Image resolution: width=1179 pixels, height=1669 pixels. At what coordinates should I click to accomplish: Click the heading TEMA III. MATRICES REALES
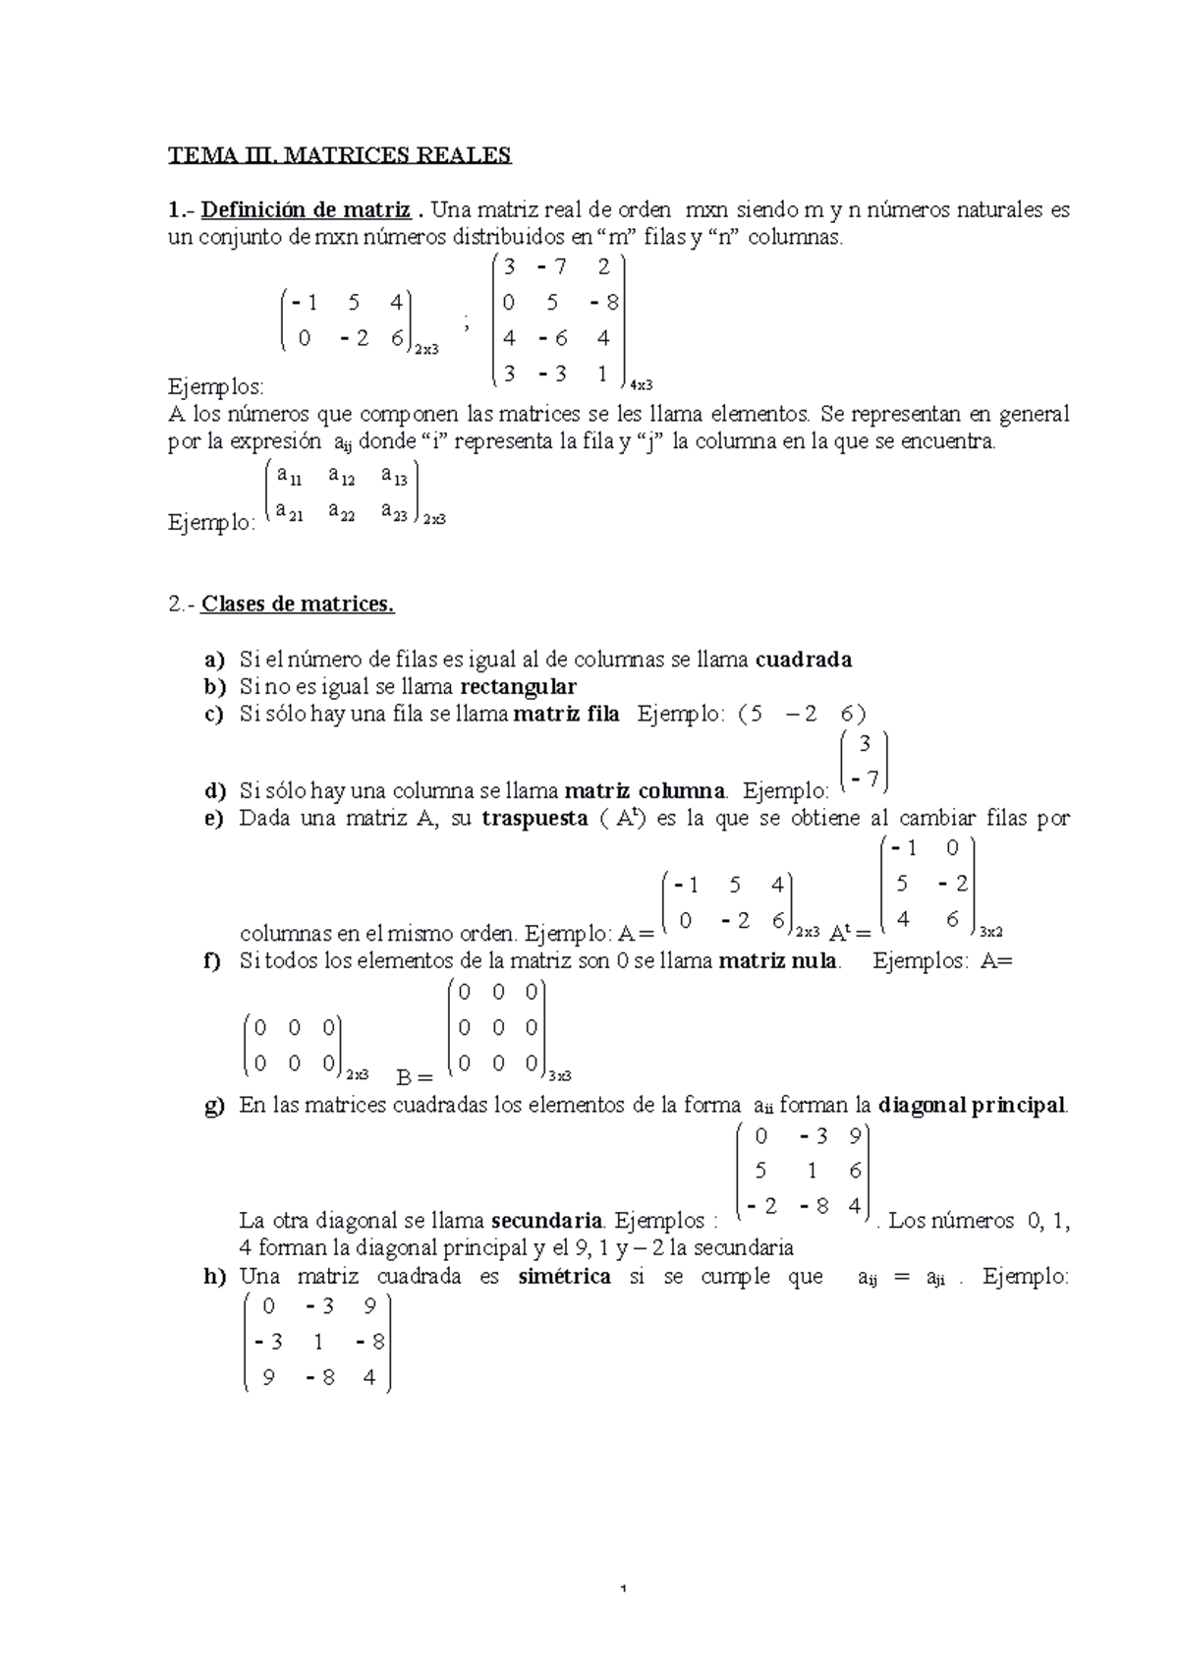(340, 155)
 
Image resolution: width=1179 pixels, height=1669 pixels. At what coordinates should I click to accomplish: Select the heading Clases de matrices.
(297, 604)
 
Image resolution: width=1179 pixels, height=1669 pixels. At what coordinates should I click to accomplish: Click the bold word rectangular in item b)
(518, 686)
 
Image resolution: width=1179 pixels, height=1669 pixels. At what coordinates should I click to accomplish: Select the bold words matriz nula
(778, 960)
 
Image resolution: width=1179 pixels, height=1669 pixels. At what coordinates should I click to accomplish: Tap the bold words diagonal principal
(972, 1105)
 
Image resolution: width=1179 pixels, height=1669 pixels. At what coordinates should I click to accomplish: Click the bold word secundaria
(546, 1222)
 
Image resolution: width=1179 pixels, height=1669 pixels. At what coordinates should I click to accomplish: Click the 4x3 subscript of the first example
(641, 384)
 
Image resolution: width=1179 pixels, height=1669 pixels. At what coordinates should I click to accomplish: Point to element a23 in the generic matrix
(396, 512)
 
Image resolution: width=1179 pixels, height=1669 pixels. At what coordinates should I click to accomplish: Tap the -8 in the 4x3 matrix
(604, 303)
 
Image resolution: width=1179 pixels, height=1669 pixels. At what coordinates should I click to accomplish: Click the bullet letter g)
(214, 1106)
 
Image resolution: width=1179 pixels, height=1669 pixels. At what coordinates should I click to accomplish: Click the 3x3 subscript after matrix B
(560, 1074)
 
